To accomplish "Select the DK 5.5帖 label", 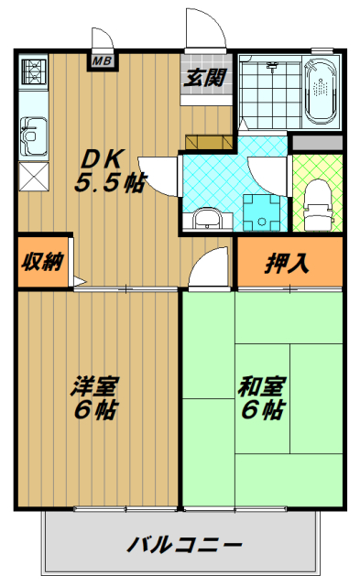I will [107, 169].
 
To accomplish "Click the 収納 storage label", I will [42, 263].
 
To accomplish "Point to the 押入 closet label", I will [287, 264].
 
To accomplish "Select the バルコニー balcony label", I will [183, 546].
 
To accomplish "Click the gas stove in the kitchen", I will [33, 71].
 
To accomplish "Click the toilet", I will [316, 199].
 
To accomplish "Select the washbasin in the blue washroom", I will [205, 220].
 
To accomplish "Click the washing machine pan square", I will [261, 212].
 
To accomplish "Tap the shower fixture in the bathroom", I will [270, 65].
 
